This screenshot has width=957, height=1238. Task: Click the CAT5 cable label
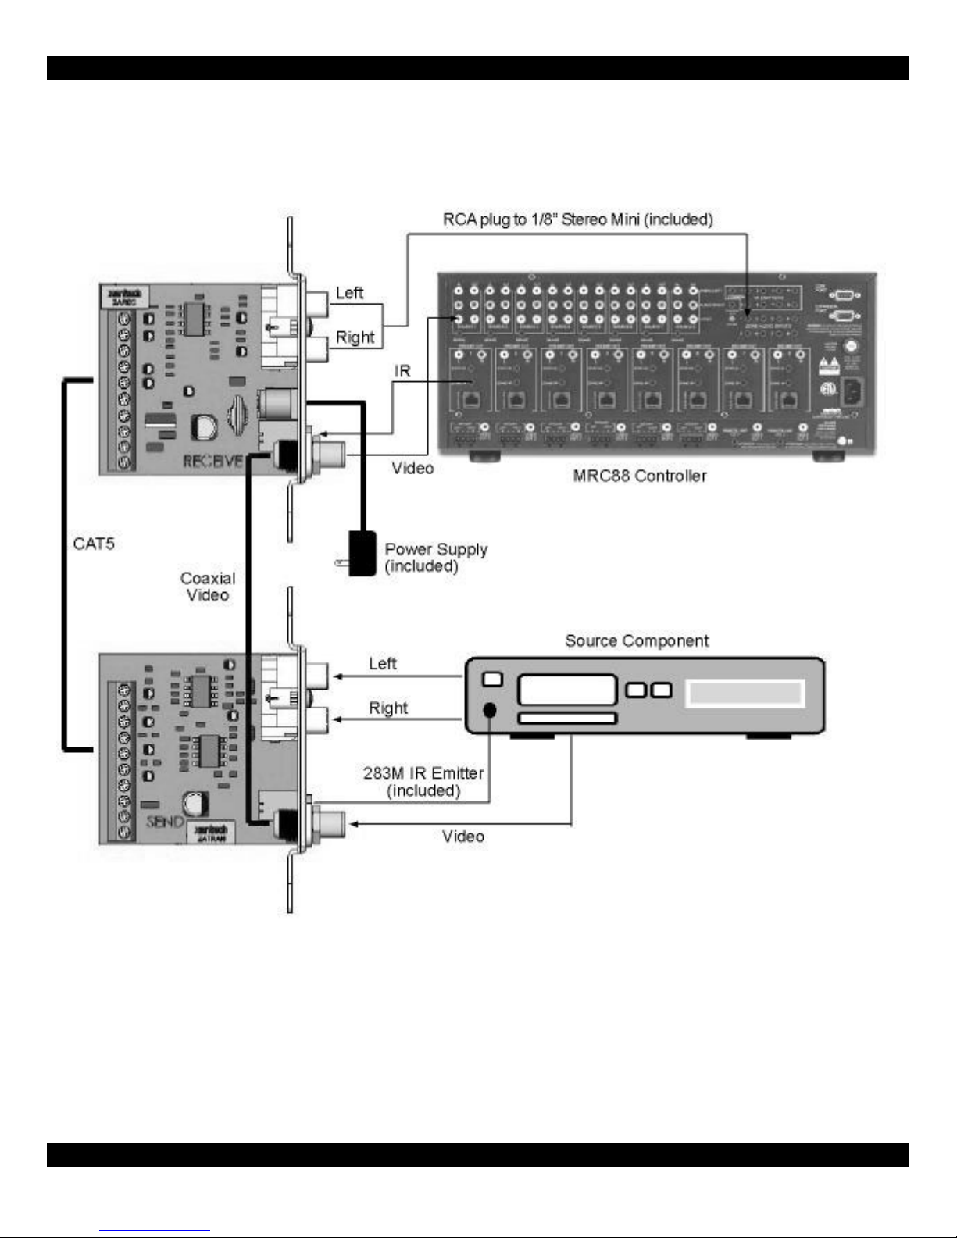click(x=94, y=544)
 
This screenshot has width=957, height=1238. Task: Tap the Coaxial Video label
click(x=207, y=587)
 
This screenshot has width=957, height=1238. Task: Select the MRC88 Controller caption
click(x=640, y=476)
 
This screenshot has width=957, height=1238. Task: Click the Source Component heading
click(x=637, y=641)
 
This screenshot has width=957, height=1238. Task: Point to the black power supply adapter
click(x=361, y=555)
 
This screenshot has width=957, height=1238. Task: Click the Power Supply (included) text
click(x=435, y=558)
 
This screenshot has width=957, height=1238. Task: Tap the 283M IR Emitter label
click(x=423, y=782)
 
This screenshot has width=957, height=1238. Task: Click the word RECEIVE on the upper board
click(x=212, y=461)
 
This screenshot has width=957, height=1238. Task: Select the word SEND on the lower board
click(x=165, y=822)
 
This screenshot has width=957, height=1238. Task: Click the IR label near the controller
click(x=402, y=371)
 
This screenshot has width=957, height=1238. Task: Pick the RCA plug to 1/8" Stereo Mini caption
click(x=577, y=219)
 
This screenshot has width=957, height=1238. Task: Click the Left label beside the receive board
click(x=349, y=293)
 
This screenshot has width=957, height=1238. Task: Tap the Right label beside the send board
click(x=388, y=708)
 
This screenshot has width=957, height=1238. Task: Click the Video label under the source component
click(x=463, y=837)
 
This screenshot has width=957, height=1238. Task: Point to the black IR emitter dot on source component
click(x=490, y=710)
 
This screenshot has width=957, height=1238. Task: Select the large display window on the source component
click(x=744, y=694)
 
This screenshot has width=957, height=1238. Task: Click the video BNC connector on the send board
click(x=327, y=822)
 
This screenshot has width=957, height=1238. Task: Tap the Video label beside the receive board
click(x=412, y=468)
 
